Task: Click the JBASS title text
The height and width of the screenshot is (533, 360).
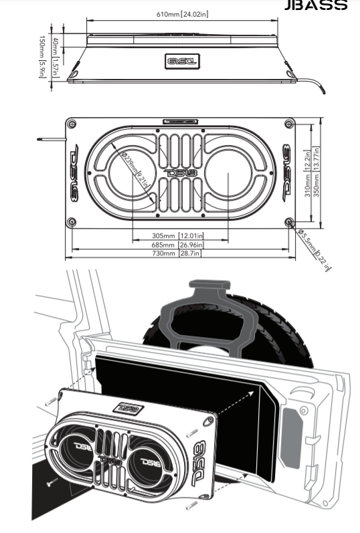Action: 316,5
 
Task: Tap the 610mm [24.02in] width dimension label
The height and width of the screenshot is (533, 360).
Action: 183,14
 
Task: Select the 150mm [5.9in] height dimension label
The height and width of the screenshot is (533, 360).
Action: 42,57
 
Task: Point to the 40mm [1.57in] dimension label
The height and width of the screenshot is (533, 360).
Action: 55,58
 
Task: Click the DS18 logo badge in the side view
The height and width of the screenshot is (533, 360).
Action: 183,61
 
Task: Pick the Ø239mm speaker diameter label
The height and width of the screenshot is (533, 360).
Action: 135,170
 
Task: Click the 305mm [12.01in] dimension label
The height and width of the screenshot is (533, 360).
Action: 177,235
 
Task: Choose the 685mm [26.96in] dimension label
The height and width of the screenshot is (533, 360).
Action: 177,245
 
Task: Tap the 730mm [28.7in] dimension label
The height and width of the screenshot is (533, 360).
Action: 176,253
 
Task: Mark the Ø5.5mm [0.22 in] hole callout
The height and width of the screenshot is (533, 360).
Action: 314,250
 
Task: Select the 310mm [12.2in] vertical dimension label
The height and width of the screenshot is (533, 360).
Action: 308,173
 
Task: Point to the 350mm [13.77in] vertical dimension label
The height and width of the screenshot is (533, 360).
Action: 316,173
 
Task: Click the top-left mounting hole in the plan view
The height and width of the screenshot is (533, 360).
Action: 72,124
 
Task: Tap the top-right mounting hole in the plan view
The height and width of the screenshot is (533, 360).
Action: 290,124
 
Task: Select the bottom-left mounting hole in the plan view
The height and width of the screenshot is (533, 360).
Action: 72,222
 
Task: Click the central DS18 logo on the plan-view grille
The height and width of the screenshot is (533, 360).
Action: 181,173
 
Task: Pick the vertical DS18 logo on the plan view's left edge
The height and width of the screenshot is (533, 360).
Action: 74,173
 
